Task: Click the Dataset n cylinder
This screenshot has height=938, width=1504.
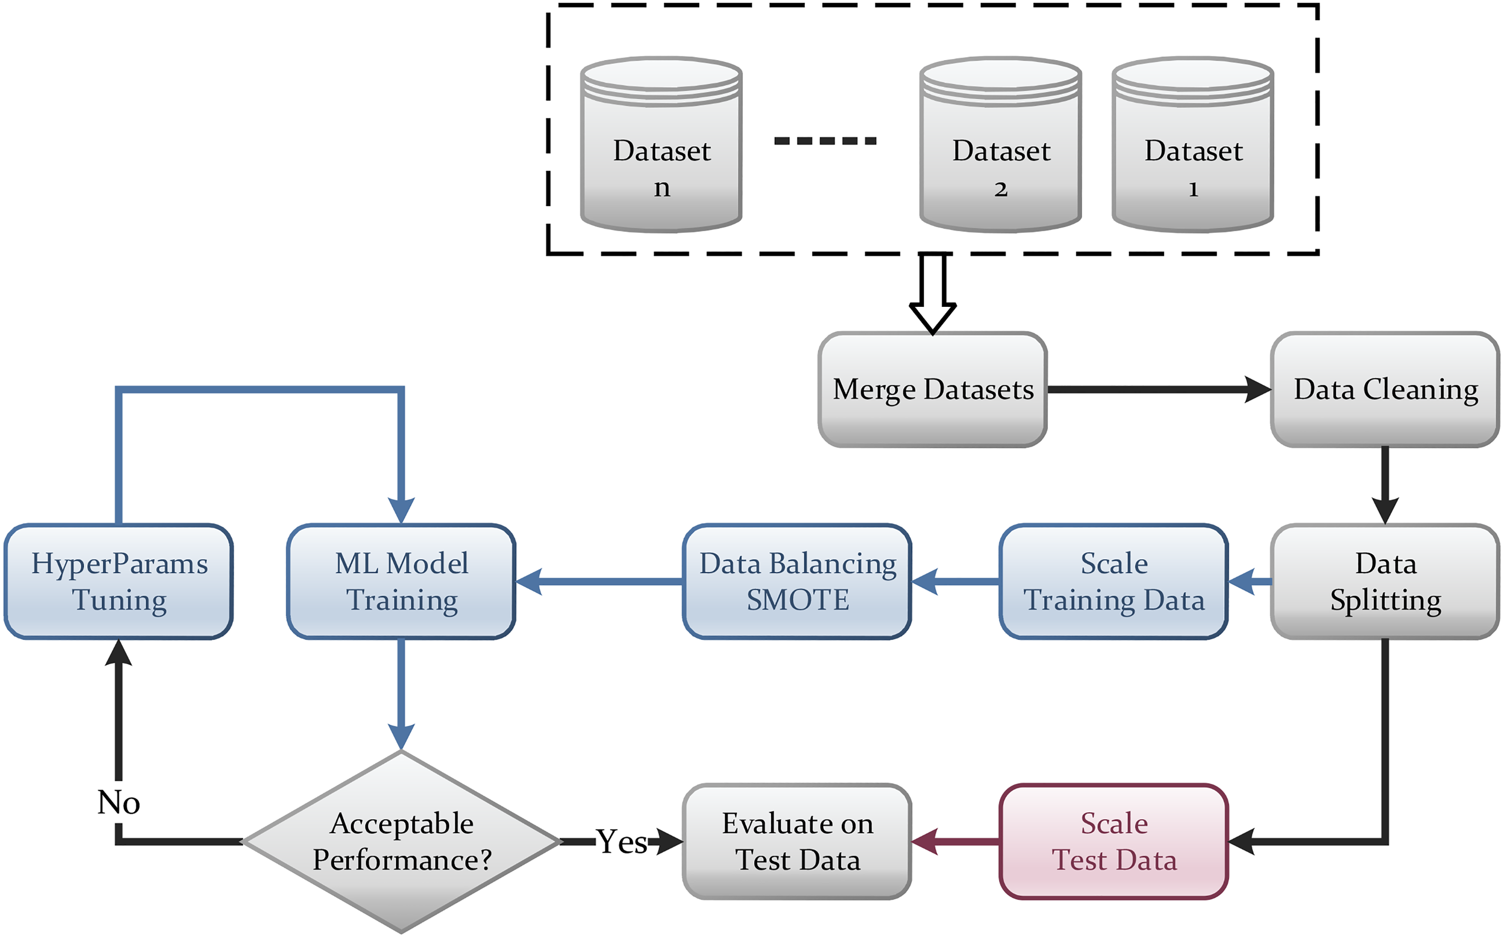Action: [x=661, y=145]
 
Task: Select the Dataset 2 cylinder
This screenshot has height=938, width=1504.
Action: [x=1001, y=145]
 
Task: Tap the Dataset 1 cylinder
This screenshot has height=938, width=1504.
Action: [x=1193, y=145]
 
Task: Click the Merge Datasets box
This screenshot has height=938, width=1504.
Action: [x=932, y=390]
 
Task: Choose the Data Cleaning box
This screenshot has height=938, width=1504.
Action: [x=1385, y=390]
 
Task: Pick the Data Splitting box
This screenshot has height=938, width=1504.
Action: [x=1385, y=582]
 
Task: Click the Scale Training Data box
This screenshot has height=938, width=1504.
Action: [x=1114, y=582]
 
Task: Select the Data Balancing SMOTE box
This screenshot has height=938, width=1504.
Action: [x=797, y=582]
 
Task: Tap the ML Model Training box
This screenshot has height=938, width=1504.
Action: [x=401, y=582]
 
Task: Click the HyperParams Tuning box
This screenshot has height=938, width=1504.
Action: [x=119, y=582]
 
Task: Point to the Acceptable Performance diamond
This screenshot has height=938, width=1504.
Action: [x=401, y=842]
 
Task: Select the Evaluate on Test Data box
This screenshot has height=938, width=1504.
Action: [x=797, y=842]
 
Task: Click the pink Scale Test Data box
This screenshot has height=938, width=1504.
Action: [x=1114, y=842]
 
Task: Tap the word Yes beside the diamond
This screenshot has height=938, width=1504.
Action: [x=621, y=842]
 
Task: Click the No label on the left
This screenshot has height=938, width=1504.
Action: [x=119, y=802]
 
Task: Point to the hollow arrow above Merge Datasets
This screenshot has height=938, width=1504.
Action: [x=932, y=293]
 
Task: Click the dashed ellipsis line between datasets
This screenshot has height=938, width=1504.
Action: [x=825, y=141]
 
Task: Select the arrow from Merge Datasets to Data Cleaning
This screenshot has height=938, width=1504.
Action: [x=1159, y=390]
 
